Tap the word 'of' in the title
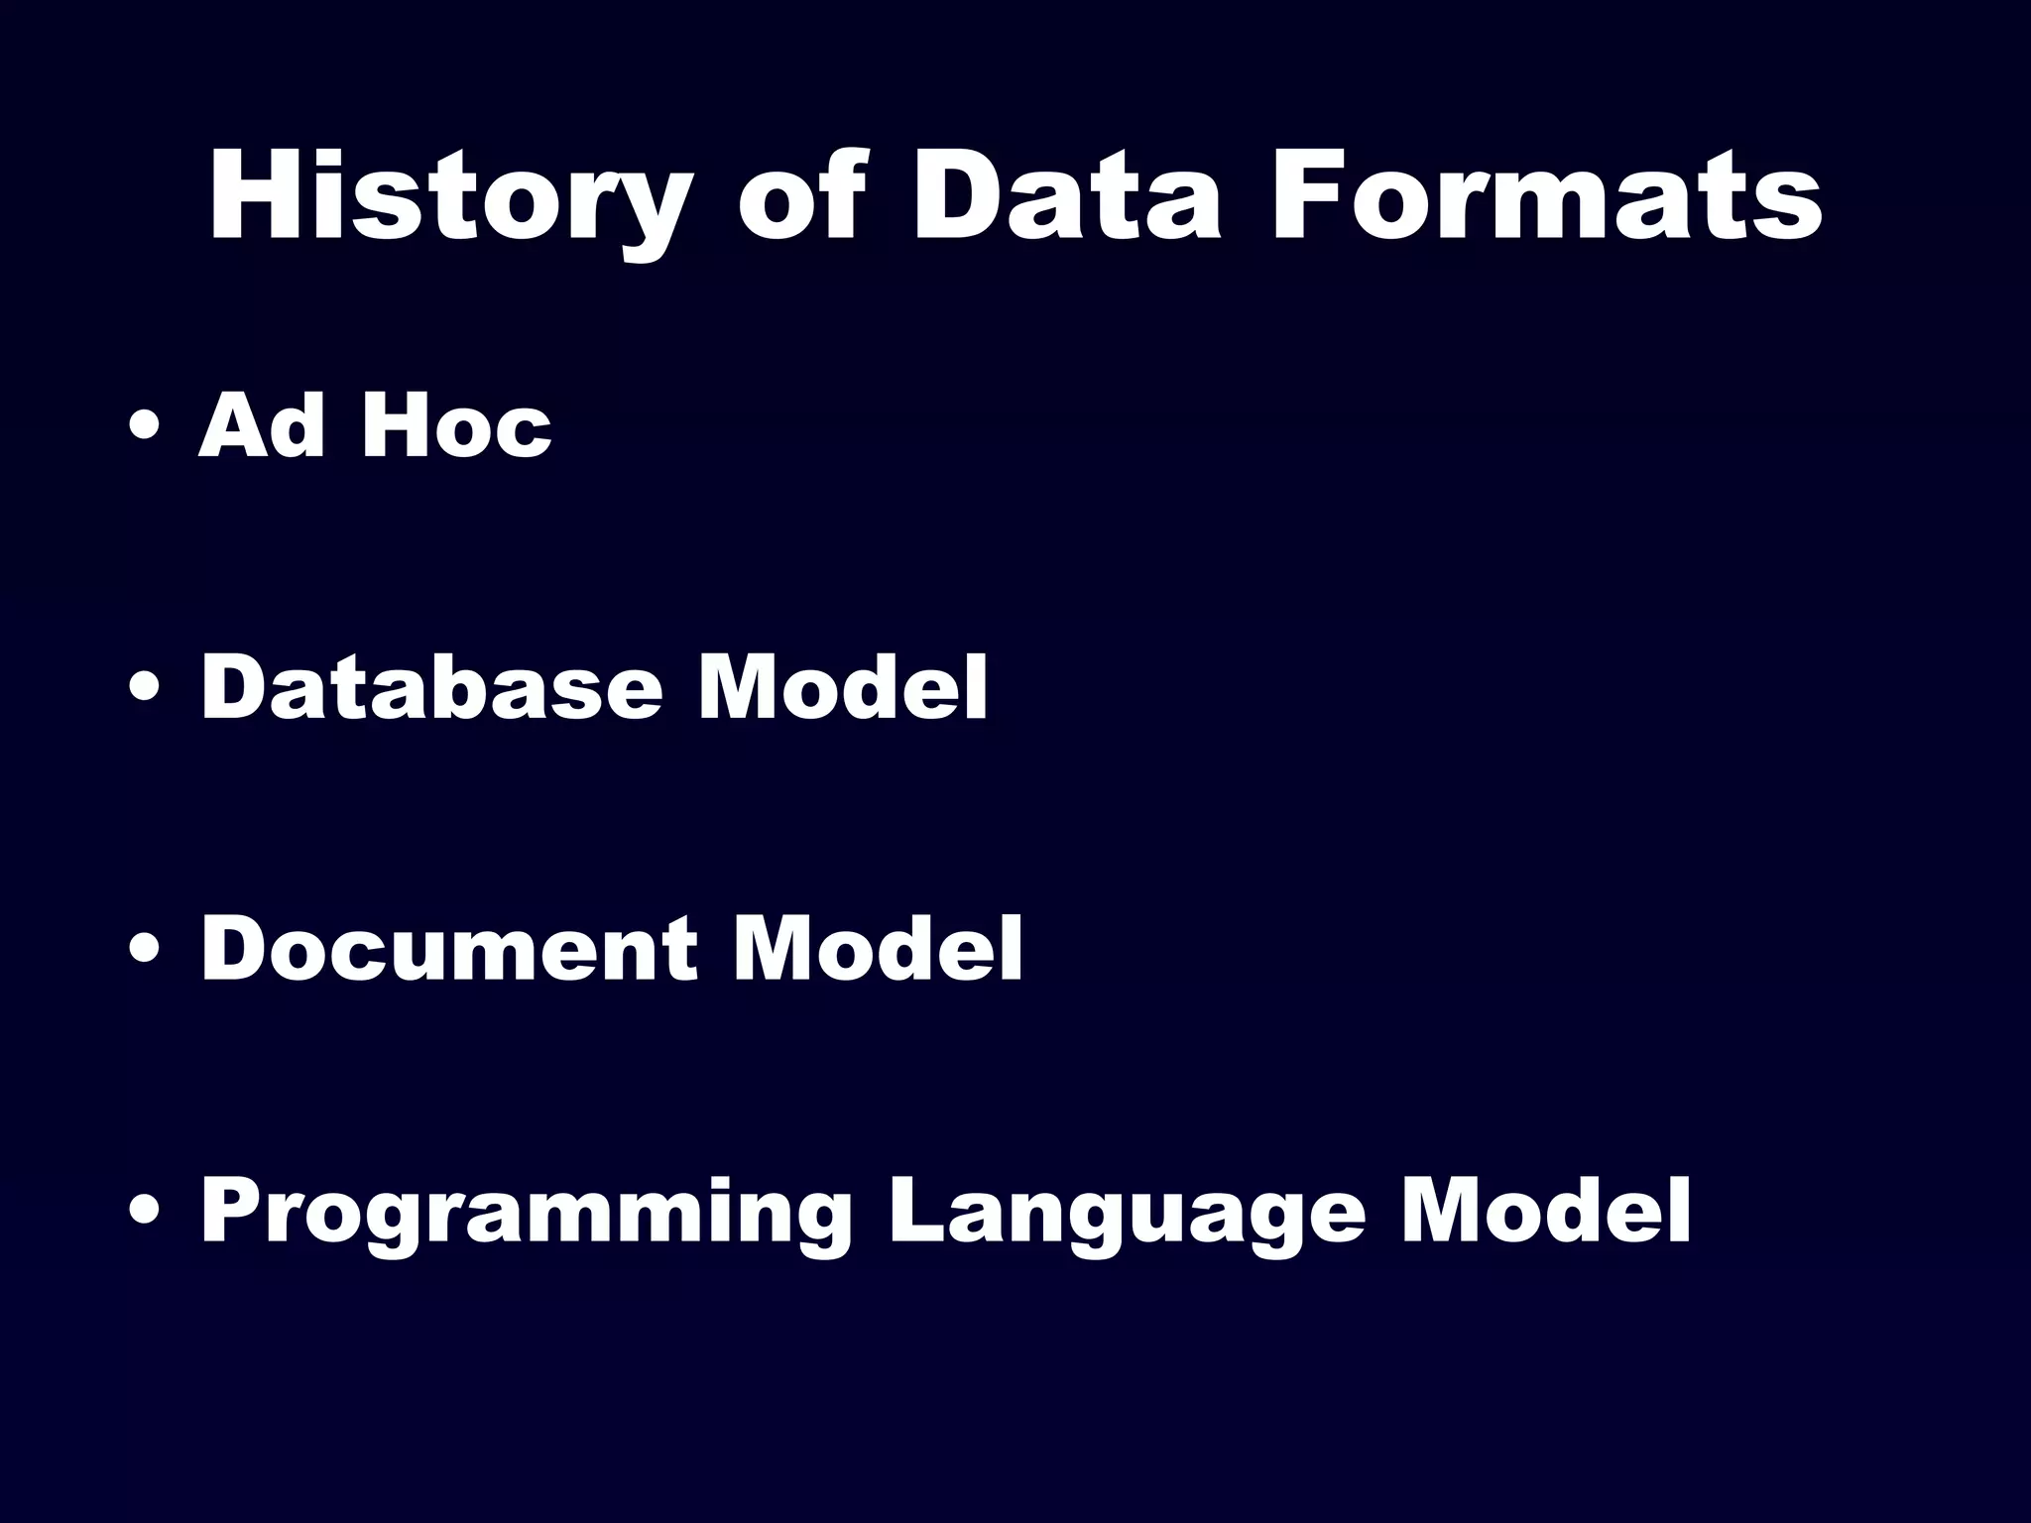(798, 198)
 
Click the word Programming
(526, 1212)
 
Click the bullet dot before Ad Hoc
(146, 428)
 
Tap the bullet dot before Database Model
(146, 690)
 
